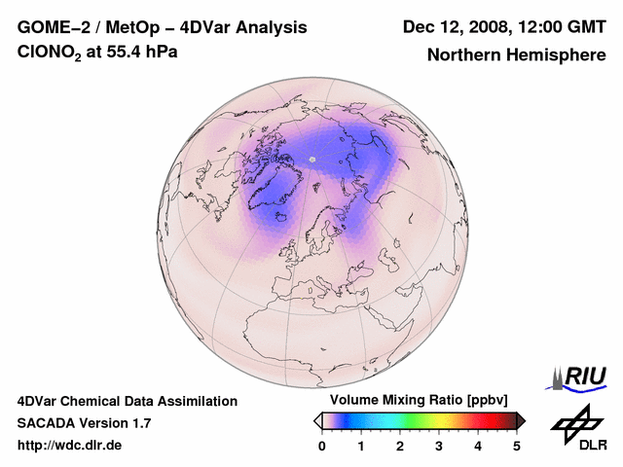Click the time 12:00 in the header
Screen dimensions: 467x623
tap(542, 27)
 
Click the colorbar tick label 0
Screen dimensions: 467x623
tap(322, 446)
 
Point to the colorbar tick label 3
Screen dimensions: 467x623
tap(439, 446)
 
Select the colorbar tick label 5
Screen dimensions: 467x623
tap(517, 446)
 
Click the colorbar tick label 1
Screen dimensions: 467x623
tap(361, 446)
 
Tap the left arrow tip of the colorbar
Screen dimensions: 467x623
tap(317, 419)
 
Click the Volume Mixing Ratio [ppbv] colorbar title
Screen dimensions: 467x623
tap(419, 401)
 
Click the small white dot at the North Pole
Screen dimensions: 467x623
tap(312, 159)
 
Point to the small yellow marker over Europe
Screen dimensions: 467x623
tap(311, 289)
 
